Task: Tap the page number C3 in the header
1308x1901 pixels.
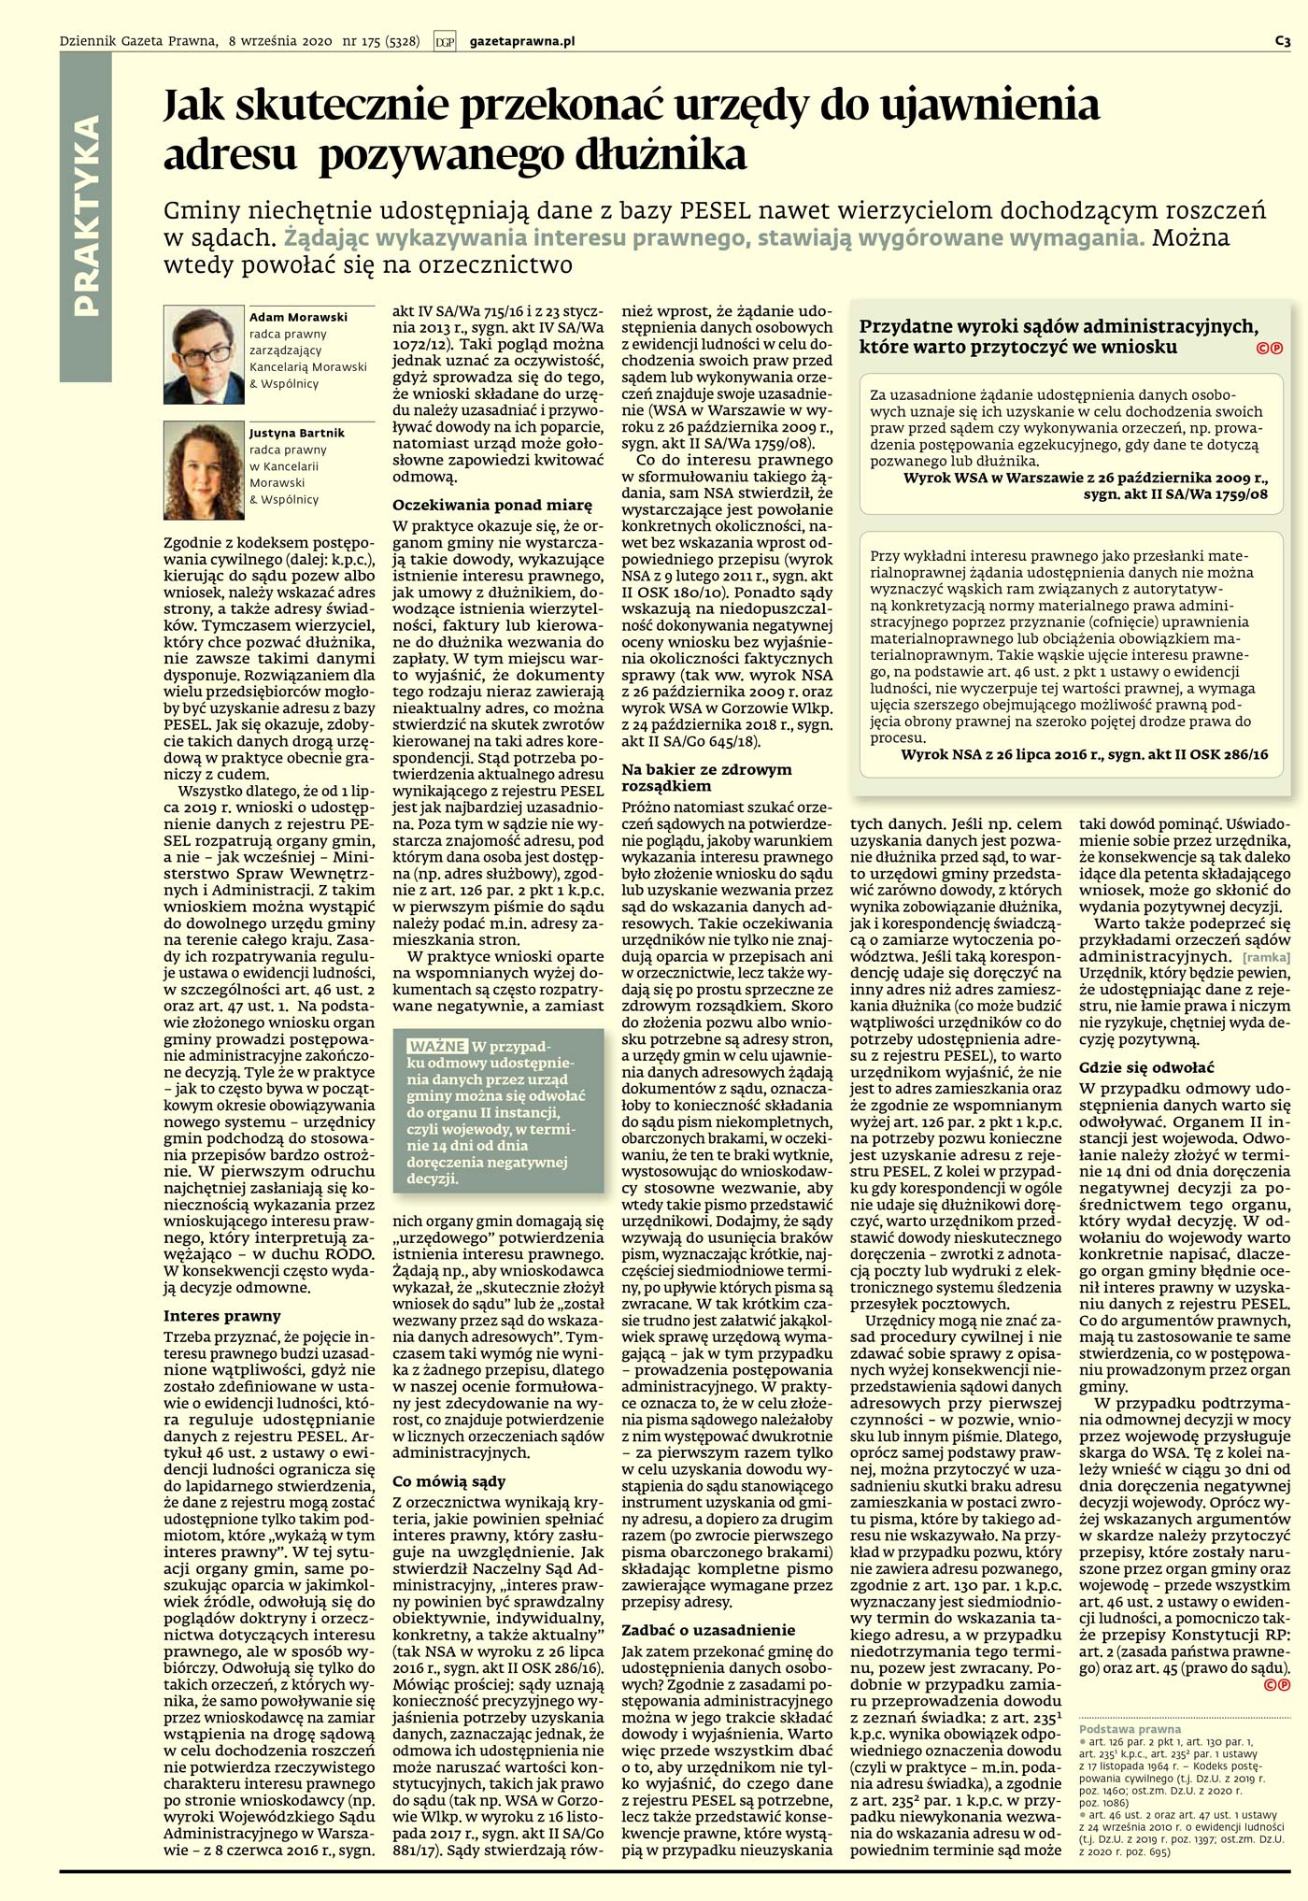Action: (1282, 41)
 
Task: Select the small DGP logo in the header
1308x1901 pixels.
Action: (445, 41)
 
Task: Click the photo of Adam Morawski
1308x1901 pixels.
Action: (204, 354)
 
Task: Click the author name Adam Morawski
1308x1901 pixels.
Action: (298, 317)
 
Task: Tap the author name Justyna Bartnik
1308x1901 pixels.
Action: (297, 433)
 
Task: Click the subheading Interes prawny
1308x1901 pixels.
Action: (221, 1315)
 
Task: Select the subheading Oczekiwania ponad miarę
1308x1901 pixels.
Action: (491, 506)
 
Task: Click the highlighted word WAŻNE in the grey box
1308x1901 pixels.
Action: (437, 1045)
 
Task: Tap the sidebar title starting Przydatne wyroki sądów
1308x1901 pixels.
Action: (1059, 336)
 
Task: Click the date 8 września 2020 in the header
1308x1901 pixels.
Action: (280, 41)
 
